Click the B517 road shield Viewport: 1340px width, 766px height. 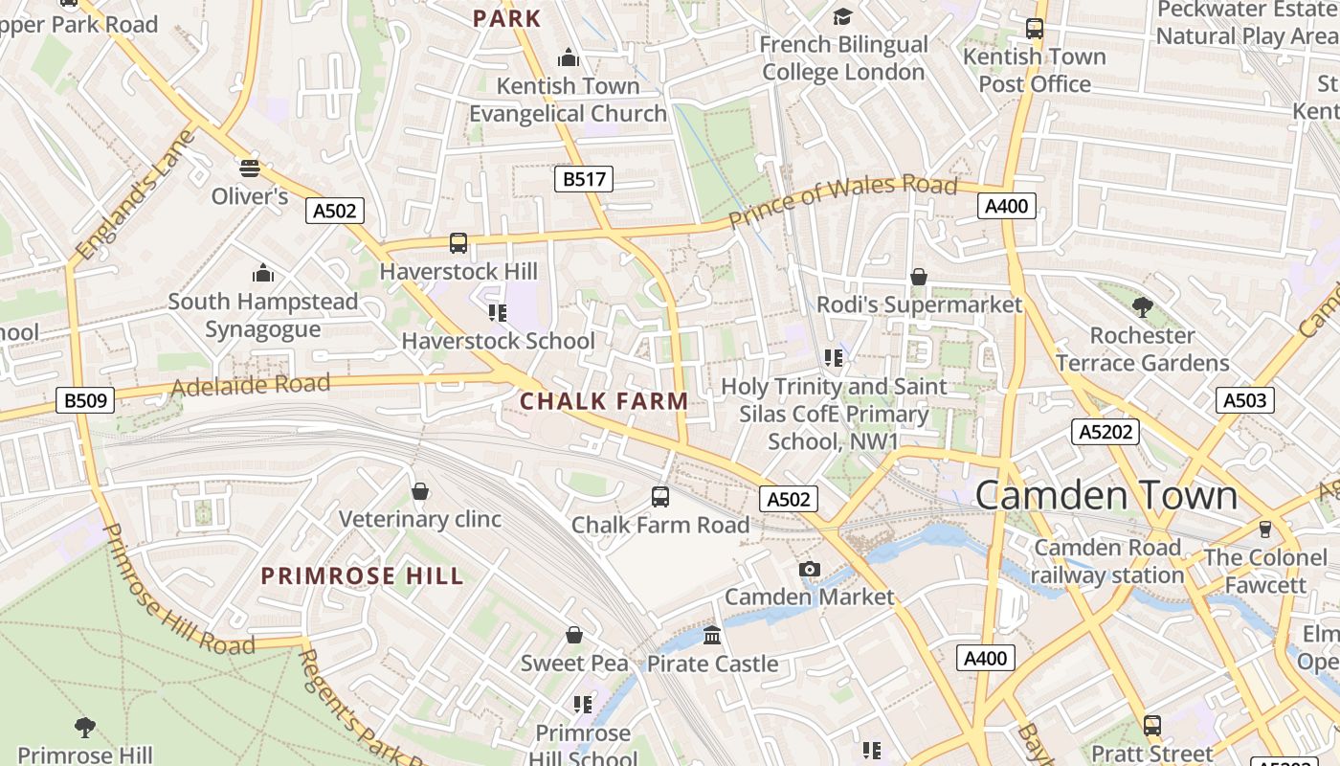point(583,178)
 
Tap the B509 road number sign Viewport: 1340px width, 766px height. point(86,400)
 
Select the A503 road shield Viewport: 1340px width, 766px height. point(1245,400)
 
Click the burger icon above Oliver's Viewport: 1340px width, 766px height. point(250,169)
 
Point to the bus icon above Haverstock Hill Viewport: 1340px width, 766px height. point(458,243)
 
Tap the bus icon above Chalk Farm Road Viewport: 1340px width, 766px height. point(660,496)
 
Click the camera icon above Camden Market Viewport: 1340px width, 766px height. point(810,570)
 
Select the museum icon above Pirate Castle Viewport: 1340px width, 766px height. point(712,635)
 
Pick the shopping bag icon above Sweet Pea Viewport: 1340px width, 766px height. point(574,635)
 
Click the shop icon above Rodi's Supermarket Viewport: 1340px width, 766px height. point(919,277)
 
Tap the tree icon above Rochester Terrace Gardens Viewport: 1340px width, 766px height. point(1142,307)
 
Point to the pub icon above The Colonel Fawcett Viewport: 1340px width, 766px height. point(1265,529)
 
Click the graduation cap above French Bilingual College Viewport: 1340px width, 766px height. point(842,16)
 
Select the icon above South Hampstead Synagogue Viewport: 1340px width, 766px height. point(263,274)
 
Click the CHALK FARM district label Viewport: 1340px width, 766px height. point(604,401)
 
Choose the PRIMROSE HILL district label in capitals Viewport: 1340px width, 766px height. point(363,575)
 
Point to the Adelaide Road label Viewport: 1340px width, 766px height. point(250,386)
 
